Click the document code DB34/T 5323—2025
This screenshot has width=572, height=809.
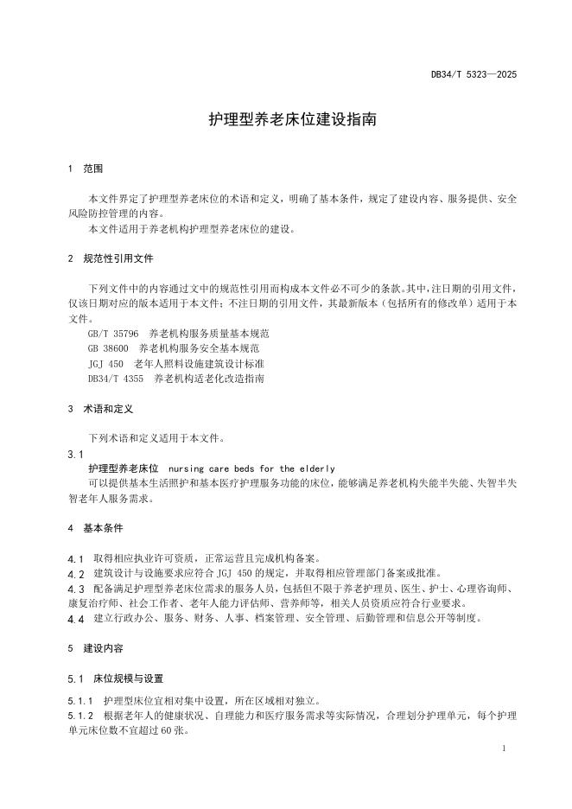pos(473,75)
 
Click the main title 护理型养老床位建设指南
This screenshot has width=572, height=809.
pos(293,119)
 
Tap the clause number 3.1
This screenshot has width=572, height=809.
pos(75,454)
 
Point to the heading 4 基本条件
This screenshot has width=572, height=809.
pos(95,528)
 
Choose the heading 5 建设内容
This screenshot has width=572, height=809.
pos(95,648)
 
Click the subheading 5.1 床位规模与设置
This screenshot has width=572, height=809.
pos(115,678)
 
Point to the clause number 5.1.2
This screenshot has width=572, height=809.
pos(80,716)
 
